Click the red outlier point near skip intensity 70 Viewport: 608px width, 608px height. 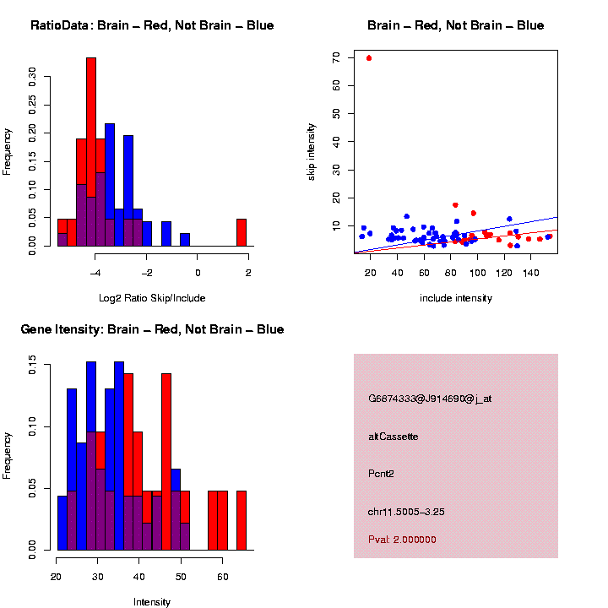point(369,58)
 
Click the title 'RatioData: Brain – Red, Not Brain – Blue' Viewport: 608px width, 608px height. point(152,25)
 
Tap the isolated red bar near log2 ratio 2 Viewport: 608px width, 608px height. point(242,232)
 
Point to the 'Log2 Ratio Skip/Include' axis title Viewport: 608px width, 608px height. point(152,298)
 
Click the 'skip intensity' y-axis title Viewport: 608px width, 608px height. point(312,150)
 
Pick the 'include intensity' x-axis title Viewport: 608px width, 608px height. point(455,298)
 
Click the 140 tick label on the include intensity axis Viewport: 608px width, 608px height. point(531,274)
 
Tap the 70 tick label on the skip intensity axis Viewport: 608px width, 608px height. point(336,57)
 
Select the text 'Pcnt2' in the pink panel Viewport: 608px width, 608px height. point(381,474)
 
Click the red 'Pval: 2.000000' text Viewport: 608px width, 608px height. point(402,539)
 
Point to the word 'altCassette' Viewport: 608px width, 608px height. point(394,437)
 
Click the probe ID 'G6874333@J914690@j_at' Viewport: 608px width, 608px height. point(430,399)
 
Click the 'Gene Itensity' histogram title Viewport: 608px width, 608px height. point(152,329)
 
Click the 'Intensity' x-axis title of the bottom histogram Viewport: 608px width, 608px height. point(152,602)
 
